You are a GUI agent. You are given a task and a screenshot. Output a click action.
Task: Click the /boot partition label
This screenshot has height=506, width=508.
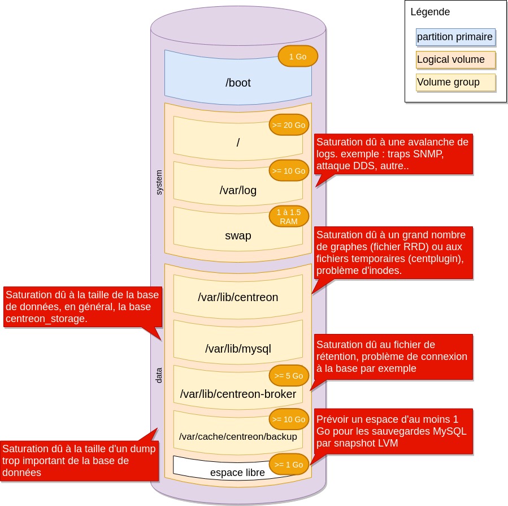point(238,83)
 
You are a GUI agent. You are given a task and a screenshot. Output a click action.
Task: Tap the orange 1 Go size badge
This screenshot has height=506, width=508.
point(298,57)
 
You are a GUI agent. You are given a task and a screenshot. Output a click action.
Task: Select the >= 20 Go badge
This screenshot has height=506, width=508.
point(288,125)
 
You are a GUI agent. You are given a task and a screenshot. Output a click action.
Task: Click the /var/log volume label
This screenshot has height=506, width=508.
point(238,190)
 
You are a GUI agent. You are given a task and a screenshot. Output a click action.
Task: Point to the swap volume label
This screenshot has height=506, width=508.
point(238,235)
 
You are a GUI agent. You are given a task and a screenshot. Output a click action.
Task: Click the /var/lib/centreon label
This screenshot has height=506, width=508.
point(238,297)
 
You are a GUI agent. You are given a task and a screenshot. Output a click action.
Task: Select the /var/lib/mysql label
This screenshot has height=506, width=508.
point(238,349)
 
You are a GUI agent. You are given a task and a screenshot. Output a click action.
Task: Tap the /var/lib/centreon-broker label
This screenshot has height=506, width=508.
point(238,394)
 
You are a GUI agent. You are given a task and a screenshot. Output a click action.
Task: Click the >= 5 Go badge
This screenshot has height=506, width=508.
point(288,376)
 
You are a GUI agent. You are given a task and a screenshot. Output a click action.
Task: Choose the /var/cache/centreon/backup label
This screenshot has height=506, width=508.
point(238,437)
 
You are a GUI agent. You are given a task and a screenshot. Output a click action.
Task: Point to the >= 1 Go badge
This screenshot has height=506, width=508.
point(288,465)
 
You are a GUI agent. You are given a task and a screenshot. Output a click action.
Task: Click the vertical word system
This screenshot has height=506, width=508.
point(159,182)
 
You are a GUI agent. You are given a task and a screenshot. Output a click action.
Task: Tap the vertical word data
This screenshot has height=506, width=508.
point(159,375)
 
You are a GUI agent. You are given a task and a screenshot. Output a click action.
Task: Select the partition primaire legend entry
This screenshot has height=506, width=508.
point(455,37)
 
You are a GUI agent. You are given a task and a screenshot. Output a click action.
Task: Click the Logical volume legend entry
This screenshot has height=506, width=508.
point(455,59)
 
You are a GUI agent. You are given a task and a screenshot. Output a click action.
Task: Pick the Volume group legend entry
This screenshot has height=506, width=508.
point(455,82)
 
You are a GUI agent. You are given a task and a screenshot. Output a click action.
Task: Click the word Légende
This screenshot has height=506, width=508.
point(430,12)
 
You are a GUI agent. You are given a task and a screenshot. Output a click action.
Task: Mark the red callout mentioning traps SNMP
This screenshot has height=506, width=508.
point(392,153)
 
